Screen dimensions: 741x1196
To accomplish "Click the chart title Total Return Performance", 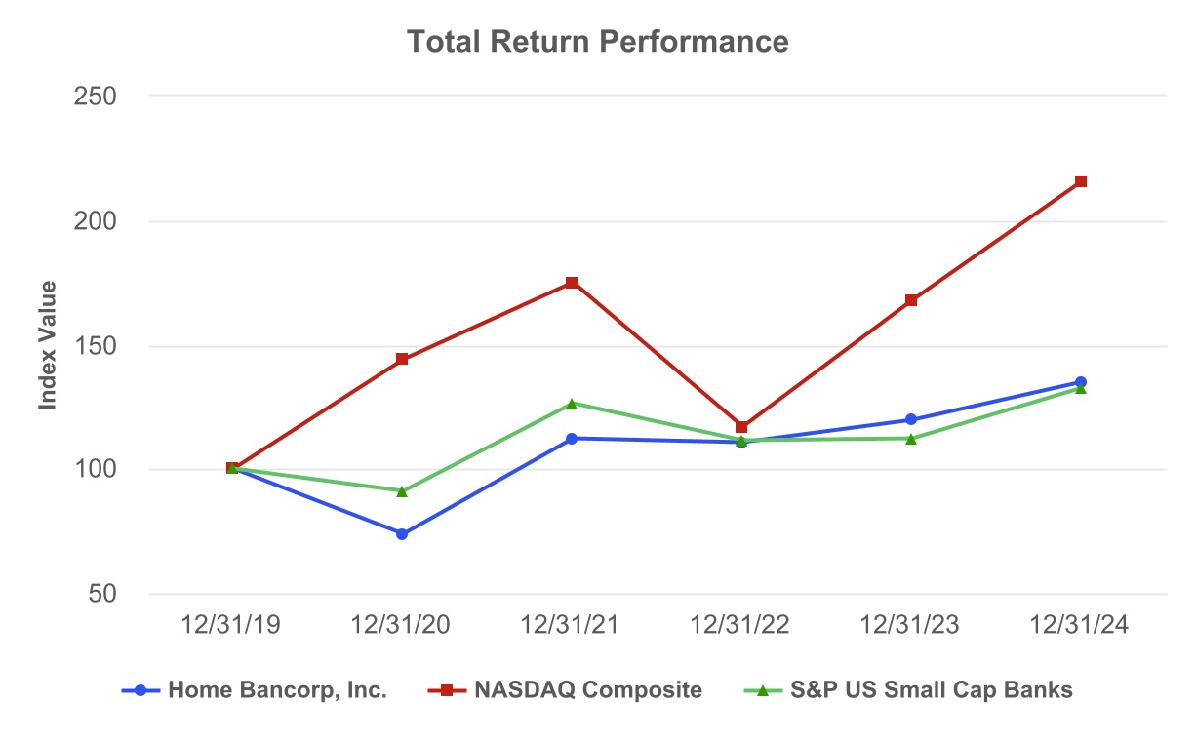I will point(597,42).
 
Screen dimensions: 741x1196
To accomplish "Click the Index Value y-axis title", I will point(48,345).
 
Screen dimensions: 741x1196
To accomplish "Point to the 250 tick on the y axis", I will point(96,97).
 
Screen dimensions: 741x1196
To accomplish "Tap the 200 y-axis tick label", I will point(96,221).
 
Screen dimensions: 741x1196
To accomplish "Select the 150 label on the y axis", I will point(96,346).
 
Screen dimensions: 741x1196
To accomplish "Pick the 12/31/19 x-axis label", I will point(232,626).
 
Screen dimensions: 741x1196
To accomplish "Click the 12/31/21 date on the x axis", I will point(572,626).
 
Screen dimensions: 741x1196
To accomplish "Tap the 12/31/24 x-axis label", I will point(1080,626).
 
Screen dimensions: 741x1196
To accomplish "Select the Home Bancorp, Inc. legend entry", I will point(255,690).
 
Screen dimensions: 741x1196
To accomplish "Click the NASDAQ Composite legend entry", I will point(566,690).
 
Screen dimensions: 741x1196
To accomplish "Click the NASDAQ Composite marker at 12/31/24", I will point(1080,181).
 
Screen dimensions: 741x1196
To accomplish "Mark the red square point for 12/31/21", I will point(572,283).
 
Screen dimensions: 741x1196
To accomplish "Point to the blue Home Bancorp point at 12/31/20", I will point(402,534).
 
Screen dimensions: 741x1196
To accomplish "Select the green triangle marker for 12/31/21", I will point(572,403).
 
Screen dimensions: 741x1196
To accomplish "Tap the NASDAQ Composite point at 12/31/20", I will point(402,359).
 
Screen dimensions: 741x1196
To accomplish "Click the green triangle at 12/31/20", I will point(402,490).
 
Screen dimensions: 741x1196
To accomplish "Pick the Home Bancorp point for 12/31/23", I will point(910,419).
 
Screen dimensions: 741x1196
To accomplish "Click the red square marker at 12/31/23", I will point(910,300).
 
